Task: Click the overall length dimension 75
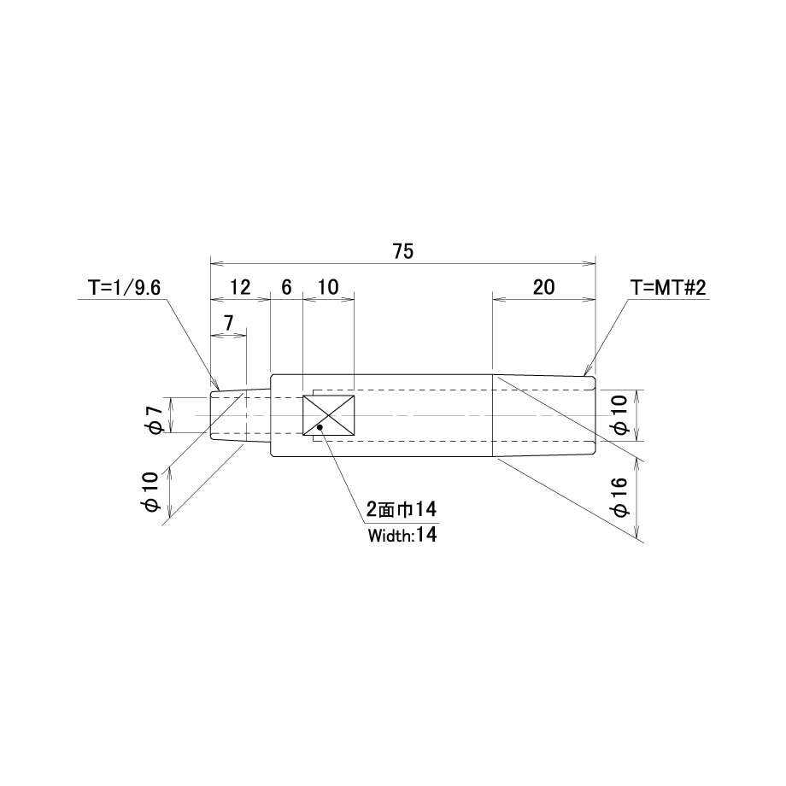403,251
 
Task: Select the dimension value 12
240,287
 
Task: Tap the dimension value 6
286,287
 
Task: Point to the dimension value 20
544,287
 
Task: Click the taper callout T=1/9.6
125,288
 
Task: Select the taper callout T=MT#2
668,288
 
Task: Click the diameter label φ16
619,496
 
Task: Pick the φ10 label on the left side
150,492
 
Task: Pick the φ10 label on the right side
619,415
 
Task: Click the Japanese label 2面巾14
401,510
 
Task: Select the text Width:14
402,536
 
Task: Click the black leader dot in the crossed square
320,427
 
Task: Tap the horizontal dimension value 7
229,323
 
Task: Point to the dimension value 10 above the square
328,287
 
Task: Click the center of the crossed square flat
328,415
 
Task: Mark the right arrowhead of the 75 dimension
590,262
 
